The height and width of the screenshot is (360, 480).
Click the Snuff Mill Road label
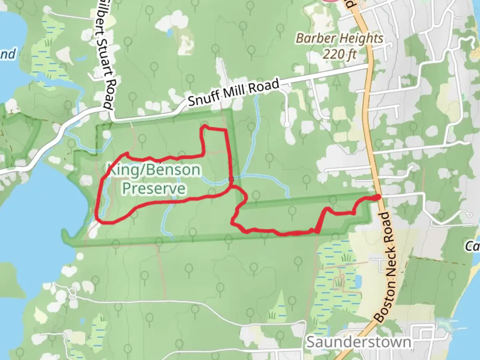pyautogui.click(x=233, y=92)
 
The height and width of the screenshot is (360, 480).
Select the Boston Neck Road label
pyautogui.click(x=388, y=267)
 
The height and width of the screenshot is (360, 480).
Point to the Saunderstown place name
pyautogui.click(x=359, y=342)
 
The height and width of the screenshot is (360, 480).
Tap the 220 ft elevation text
pyautogui.click(x=339, y=54)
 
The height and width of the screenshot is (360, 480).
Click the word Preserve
pyautogui.click(x=154, y=188)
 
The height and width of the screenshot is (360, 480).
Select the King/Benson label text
pyautogui.click(x=154, y=170)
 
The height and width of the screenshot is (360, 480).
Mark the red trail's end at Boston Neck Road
pyautogui.click(x=378, y=198)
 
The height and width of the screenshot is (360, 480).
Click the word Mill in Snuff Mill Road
pyautogui.click(x=235, y=91)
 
